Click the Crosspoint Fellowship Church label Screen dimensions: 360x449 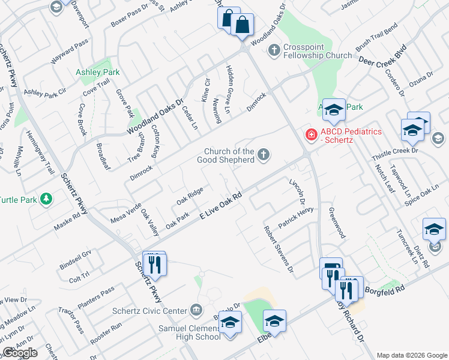pos(318,50)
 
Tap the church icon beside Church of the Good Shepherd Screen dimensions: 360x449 pos(263,156)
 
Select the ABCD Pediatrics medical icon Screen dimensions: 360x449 pos(312,134)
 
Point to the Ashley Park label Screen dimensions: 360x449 pos(97,73)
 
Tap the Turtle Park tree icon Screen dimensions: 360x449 pos(45,199)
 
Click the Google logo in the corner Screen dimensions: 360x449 pos(19,353)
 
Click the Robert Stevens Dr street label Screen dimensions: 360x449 pos(279,249)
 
